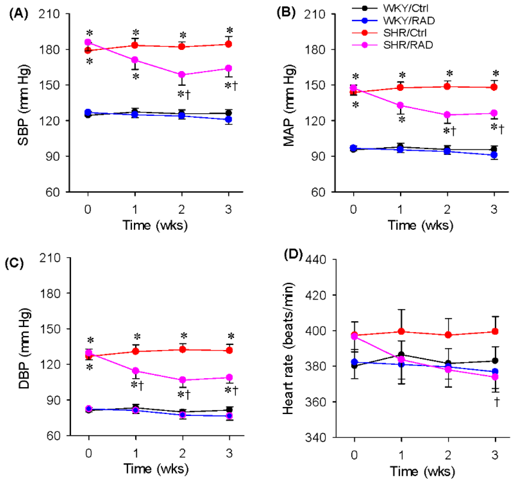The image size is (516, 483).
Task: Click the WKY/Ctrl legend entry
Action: click(x=405, y=8)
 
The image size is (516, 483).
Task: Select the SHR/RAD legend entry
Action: click(x=408, y=45)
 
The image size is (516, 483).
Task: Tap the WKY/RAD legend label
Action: click(x=409, y=20)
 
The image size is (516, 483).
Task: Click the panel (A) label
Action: click(x=19, y=14)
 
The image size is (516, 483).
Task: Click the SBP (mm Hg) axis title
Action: click(x=24, y=105)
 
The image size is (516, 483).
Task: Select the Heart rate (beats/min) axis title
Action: click(x=288, y=348)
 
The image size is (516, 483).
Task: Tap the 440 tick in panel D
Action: click(x=316, y=260)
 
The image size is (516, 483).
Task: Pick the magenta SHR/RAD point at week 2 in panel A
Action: click(x=182, y=75)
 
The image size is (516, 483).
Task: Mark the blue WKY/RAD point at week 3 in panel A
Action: click(x=228, y=119)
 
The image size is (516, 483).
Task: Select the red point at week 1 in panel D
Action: click(x=401, y=331)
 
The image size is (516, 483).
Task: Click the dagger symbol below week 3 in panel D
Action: click(x=496, y=402)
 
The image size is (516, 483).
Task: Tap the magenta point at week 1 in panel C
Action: click(x=135, y=371)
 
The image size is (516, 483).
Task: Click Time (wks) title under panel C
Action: click(x=156, y=468)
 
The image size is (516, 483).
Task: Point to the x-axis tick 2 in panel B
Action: click(x=447, y=209)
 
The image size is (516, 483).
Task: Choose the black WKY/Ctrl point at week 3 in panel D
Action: click(x=495, y=361)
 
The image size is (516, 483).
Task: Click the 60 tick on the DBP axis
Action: click(x=53, y=436)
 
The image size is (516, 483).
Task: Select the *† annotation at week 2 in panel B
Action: click(x=450, y=131)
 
